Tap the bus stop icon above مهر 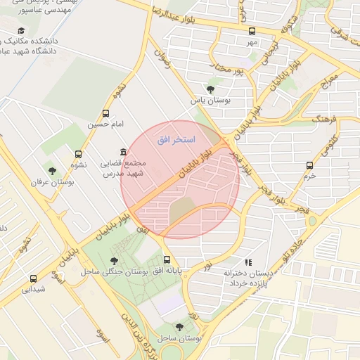pyautogui.click(x=252, y=31)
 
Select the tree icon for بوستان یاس pyautogui.click(x=211, y=89)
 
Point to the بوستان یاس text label pyautogui.click(x=210, y=101)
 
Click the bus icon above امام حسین pyautogui.click(x=106, y=113)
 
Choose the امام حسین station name pyautogui.click(x=105, y=124)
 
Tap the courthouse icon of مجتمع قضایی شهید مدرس pyautogui.click(x=124, y=153)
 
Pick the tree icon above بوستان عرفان pyautogui.click(x=51, y=170)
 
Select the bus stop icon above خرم pyautogui.click(x=309, y=165)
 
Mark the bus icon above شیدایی pyautogui.click(x=33, y=278)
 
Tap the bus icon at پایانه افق pyautogui.click(x=167, y=259)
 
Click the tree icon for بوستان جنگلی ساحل pyautogui.click(x=114, y=261)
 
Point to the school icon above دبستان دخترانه pyautogui.click(x=247, y=262)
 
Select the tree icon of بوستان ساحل pyautogui.click(x=179, y=327)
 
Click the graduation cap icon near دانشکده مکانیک pyautogui.click(x=21, y=31)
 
